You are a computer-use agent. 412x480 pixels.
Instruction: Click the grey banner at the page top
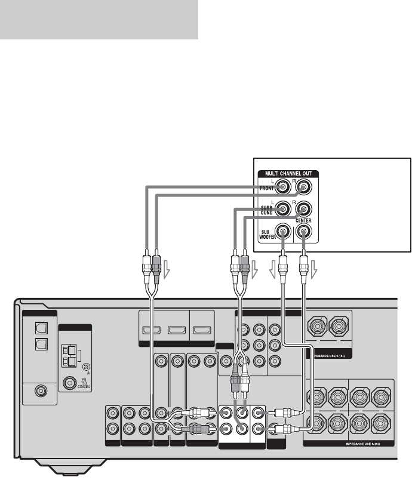click(x=99, y=20)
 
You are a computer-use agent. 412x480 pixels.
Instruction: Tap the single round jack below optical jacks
click(x=41, y=392)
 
